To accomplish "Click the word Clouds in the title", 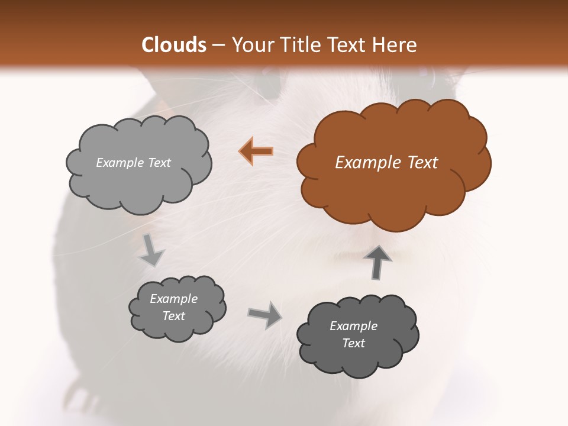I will pyautogui.click(x=174, y=45).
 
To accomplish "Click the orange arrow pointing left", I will pyautogui.click(x=256, y=151).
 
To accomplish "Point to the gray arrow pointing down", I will pyautogui.click(x=151, y=250).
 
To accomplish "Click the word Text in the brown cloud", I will pyautogui.click(x=422, y=163).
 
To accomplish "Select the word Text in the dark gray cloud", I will pyautogui.click(x=353, y=343).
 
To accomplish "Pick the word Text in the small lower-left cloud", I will pyautogui.click(x=173, y=316).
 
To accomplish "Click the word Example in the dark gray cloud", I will pyautogui.click(x=353, y=326).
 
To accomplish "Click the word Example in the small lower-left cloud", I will pyautogui.click(x=173, y=299).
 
